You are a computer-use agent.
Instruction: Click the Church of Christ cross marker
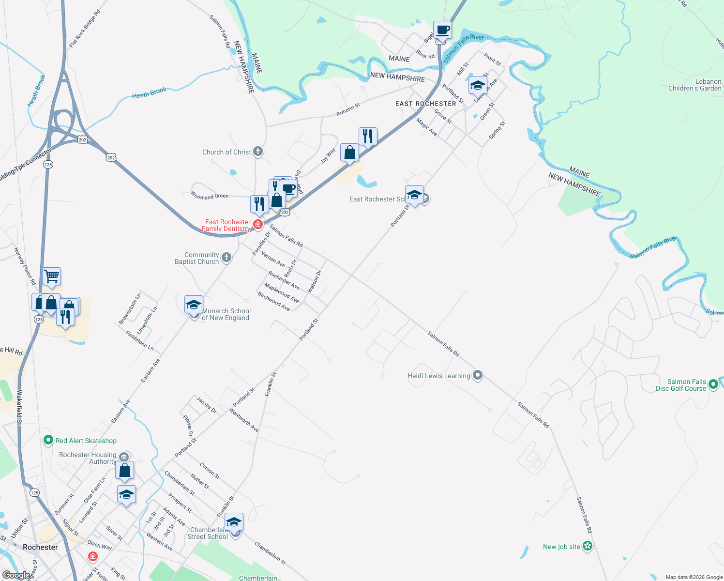(258, 152)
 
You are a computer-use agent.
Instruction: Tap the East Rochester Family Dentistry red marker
(258, 224)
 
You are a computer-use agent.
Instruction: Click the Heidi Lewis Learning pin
(478, 376)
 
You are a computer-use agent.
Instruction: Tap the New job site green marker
(588, 547)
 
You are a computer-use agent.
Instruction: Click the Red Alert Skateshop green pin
(48, 441)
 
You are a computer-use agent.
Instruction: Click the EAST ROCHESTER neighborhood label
(425, 104)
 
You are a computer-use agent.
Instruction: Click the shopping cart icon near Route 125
(51, 276)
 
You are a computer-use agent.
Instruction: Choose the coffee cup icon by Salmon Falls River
(442, 30)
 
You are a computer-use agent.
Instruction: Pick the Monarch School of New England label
(226, 315)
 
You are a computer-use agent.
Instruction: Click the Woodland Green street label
(210, 196)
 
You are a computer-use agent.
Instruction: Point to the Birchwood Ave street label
(274, 301)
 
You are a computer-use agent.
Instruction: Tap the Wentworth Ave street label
(244, 420)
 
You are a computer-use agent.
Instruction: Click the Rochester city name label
(40, 547)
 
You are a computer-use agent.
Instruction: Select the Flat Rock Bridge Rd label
(84, 29)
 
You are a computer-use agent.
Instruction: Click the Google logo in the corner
(16, 575)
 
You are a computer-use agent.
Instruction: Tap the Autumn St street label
(348, 109)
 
